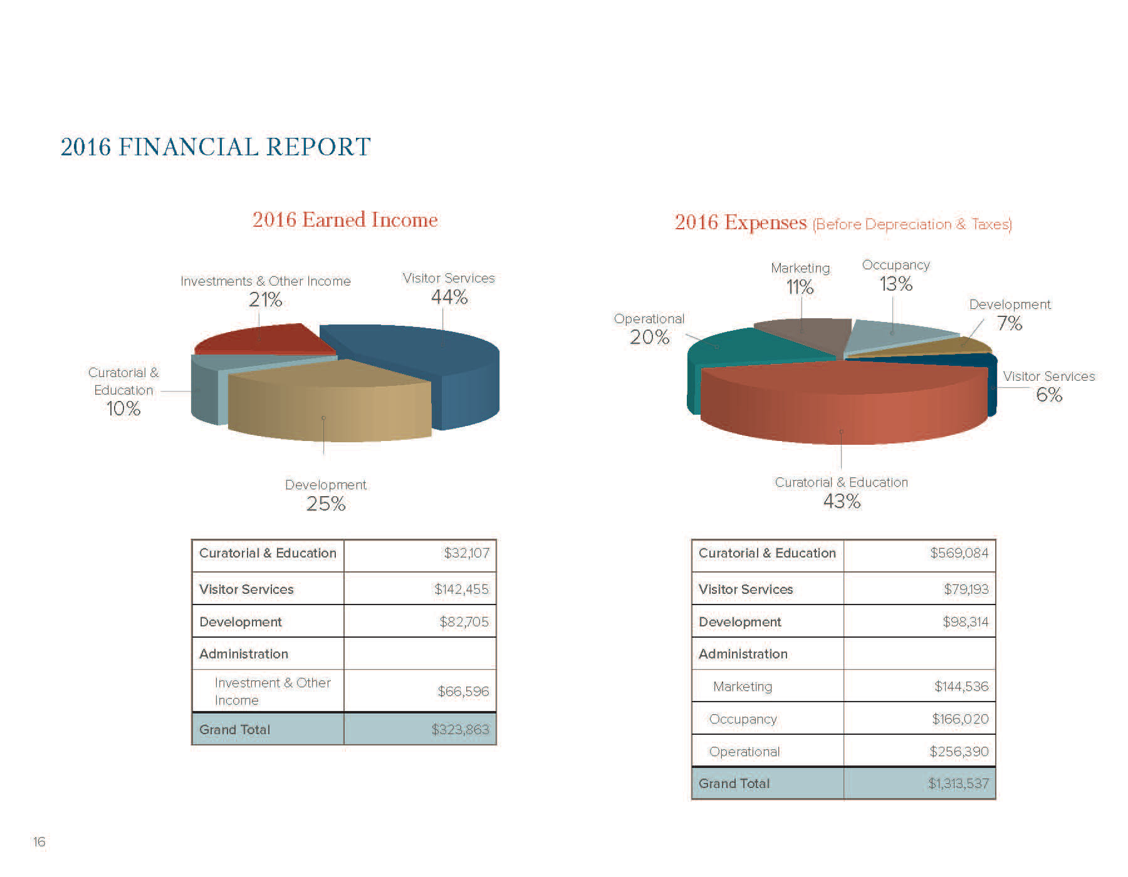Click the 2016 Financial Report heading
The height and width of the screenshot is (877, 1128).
(216, 147)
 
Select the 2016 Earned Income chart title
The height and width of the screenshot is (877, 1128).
(345, 220)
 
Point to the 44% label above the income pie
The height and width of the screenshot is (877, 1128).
(449, 297)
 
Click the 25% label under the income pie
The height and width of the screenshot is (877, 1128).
(326, 504)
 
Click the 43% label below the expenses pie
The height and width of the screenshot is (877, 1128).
(842, 501)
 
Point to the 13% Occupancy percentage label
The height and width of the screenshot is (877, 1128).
(896, 284)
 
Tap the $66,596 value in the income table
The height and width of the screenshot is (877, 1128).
(462, 691)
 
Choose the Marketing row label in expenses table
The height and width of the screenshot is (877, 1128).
(743, 687)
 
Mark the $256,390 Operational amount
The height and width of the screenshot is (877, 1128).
(959, 751)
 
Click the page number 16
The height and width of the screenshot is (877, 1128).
(39, 842)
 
